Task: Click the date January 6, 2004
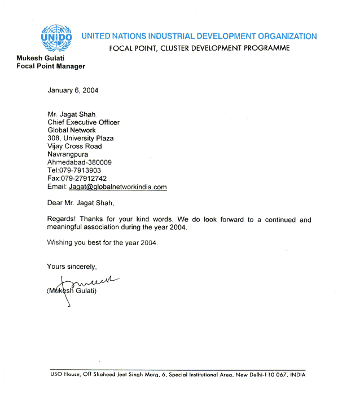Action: [x=72, y=91]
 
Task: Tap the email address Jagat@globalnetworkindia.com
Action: [x=118, y=187]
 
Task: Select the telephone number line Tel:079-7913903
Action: [x=74, y=170]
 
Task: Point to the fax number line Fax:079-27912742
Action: [x=77, y=179]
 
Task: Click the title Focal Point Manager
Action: [x=51, y=66]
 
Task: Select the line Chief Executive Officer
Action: [x=84, y=122]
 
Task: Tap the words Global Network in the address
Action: [x=72, y=130]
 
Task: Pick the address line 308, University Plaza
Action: [x=81, y=138]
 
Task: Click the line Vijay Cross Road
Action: [x=74, y=146]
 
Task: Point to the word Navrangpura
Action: [x=68, y=154]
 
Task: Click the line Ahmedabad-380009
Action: [x=80, y=162]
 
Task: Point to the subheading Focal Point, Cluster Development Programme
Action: [x=199, y=48]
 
